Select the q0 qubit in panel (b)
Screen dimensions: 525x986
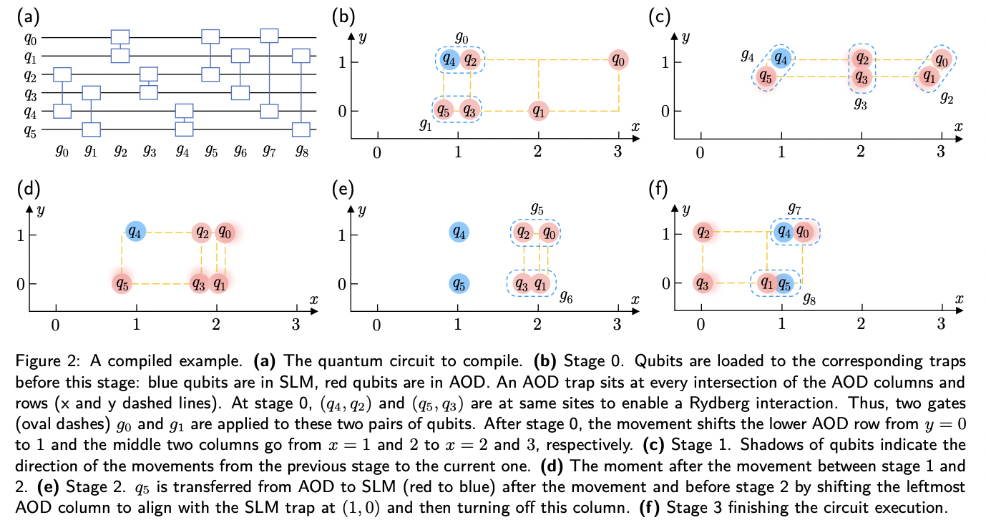(x=619, y=61)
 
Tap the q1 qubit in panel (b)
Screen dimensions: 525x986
(x=538, y=111)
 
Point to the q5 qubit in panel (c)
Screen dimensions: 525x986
(x=765, y=76)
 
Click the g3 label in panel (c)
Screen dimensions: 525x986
(x=861, y=103)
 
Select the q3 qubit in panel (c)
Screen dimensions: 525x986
(x=862, y=77)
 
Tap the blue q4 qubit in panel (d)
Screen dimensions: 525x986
(x=135, y=232)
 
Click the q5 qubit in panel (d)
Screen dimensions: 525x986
(x=122, y=283)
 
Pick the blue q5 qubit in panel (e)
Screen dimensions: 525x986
(x=459, y=283)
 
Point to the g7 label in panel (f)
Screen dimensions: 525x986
(x=794, y=209)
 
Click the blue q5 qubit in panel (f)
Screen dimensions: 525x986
(x=784, y=283)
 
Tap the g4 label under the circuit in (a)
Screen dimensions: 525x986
(x=184, y=150)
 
